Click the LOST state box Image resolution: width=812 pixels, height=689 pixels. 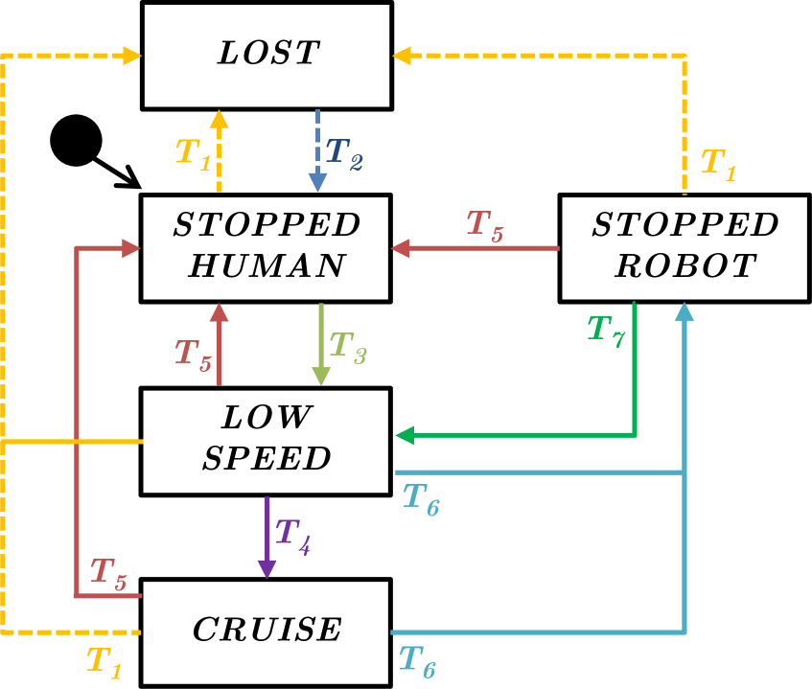click(267, 55)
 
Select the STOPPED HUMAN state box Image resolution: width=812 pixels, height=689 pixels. click(266, 247)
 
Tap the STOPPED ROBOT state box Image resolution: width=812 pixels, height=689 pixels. click(684, 247)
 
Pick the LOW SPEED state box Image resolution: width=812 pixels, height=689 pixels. click(266, 440)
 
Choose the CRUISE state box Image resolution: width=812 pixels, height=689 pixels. click(266, 632)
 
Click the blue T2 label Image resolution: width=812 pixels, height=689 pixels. click(344, 153)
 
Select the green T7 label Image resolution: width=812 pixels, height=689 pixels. click(606, 331)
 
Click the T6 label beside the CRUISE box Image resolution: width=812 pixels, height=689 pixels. click(417, 661)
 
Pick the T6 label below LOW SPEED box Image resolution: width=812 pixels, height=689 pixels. click(421, 499)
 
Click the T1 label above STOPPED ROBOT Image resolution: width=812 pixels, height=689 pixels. click(718, 163)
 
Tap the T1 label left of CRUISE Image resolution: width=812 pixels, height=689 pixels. click(104, 662)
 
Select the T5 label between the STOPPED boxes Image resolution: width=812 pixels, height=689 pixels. click(484, 226)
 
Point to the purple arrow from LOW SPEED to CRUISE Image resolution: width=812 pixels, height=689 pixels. click(267, 537)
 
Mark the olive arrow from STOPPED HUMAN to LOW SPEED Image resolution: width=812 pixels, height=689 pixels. click(321, 345)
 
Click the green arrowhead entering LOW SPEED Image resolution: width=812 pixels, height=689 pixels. click(405, 435)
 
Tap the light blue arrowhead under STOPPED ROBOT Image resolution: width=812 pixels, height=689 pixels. click(684, 310)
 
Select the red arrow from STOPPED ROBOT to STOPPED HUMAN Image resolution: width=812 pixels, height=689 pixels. click(475, 248)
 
